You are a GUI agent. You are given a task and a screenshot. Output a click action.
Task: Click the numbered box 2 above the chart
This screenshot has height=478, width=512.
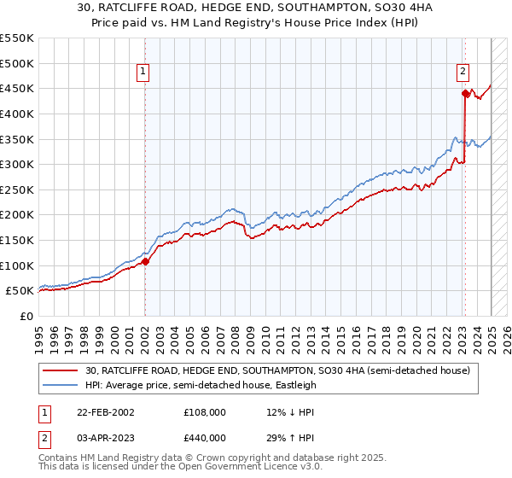(x=463, y=73)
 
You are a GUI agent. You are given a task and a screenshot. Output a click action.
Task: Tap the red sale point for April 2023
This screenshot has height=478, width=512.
(x=465, y=94)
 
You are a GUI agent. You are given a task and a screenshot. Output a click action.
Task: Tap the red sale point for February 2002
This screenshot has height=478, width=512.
(x=145, y=262)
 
